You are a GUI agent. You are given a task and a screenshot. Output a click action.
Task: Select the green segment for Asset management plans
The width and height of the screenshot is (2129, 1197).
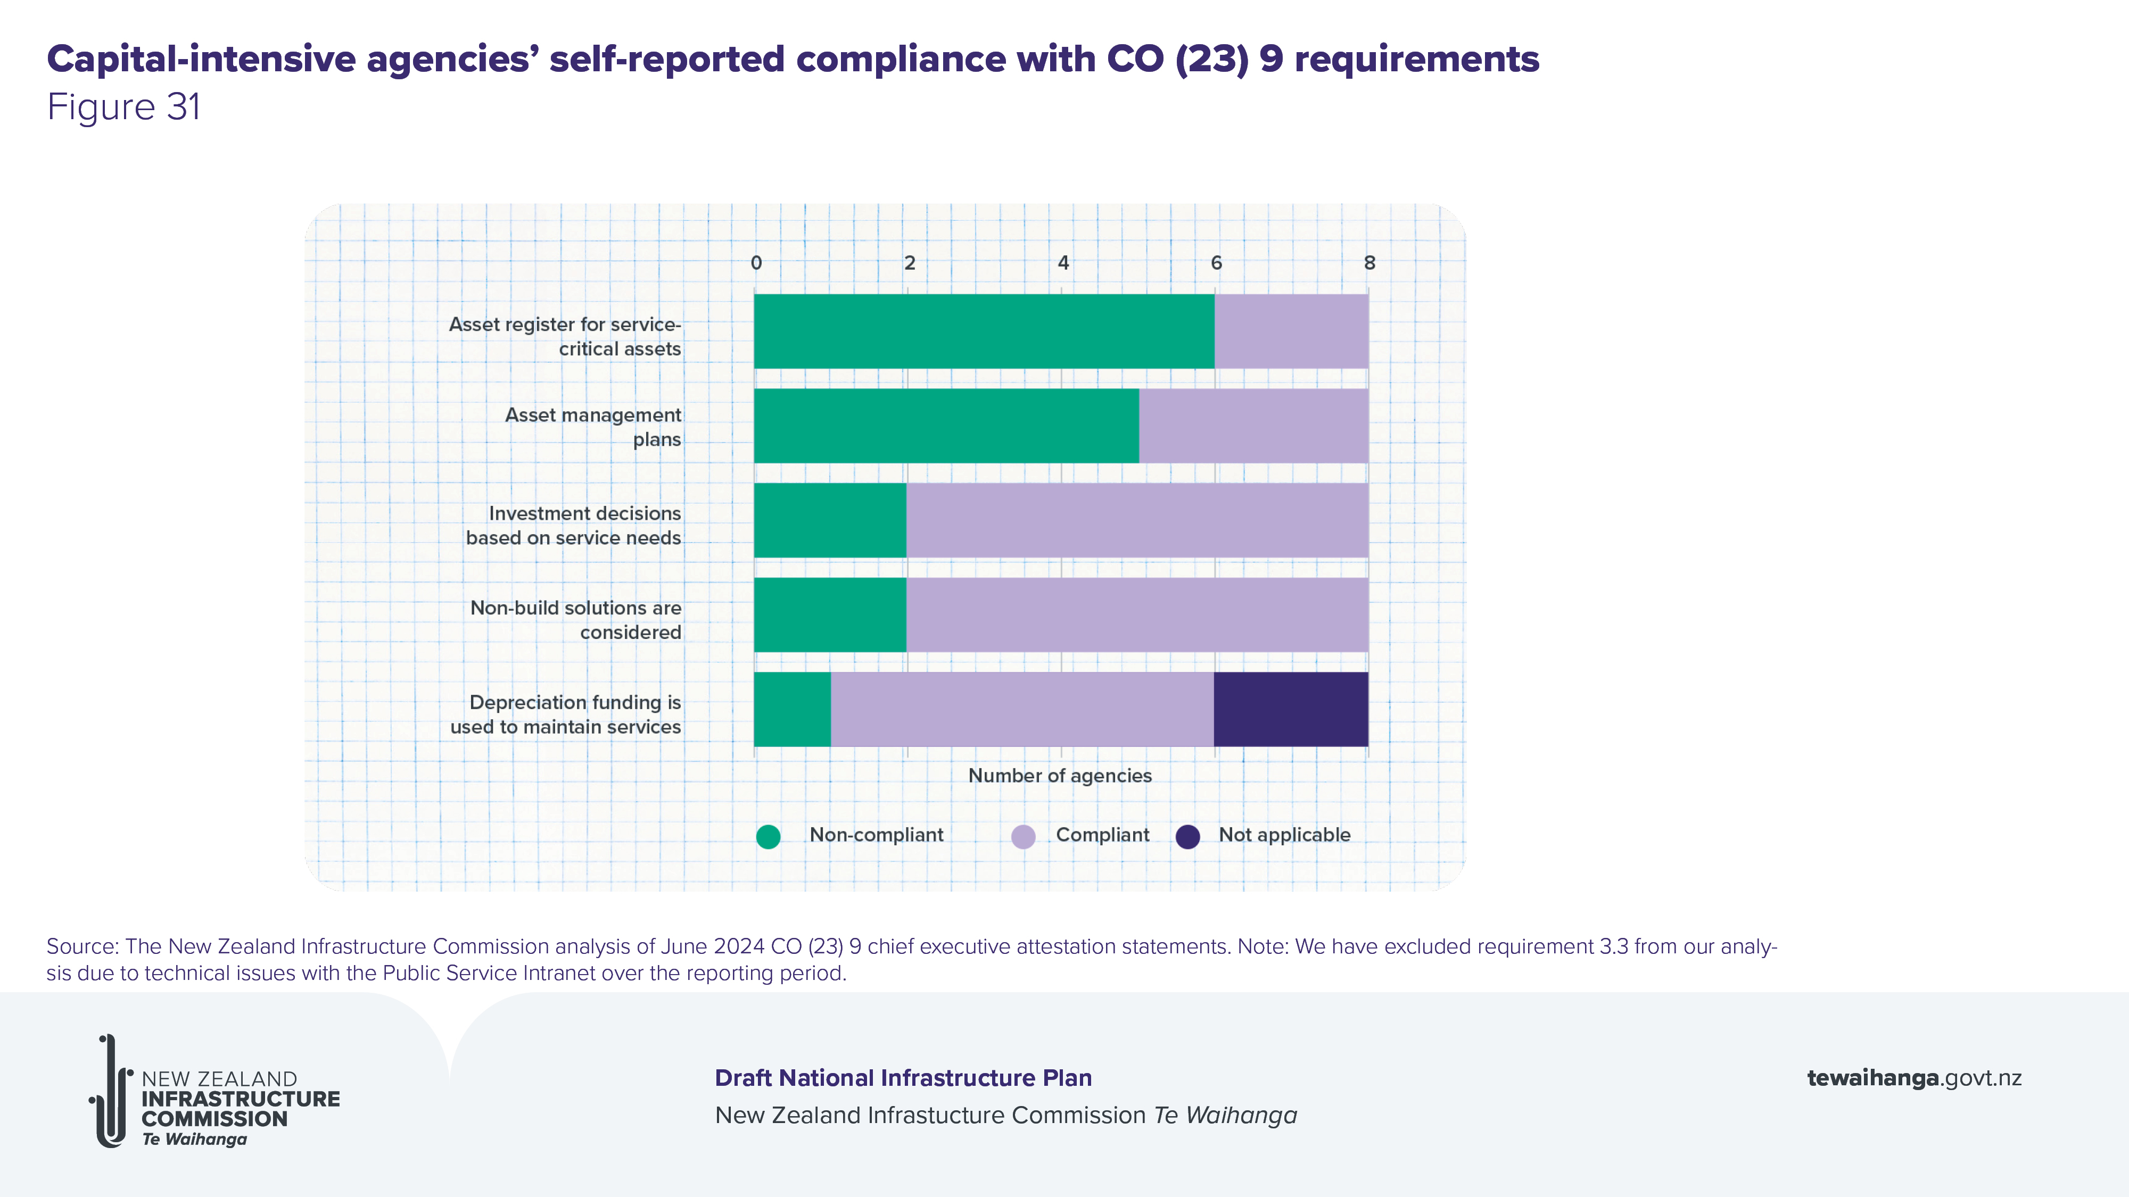tap(946, 426)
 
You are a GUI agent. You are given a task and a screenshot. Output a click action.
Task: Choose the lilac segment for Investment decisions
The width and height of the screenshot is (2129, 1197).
tap(1137, 520)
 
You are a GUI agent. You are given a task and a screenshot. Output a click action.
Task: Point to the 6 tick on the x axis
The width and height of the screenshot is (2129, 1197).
tap(1216, 263)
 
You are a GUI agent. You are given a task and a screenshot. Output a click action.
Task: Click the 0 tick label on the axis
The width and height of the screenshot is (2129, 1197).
tap(756, 263)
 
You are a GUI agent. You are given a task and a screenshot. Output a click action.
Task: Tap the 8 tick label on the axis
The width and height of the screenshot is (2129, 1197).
tap(1369, 263)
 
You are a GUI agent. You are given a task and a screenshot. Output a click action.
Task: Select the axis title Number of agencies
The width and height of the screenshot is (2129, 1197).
tap(1060, 776)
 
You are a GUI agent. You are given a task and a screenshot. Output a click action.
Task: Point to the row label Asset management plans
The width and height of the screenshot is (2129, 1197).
tap(593, 427)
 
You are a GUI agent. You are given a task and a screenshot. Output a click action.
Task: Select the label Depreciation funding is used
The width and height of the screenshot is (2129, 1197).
tap(566, 714)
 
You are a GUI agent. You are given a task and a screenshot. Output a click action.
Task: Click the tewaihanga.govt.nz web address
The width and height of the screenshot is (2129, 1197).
tap(1914, 1078)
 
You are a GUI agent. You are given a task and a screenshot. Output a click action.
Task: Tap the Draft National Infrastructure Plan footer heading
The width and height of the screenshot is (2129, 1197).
tap(903, 1078)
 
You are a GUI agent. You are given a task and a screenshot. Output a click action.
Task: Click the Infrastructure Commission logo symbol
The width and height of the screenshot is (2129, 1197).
tap(111, 1091)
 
